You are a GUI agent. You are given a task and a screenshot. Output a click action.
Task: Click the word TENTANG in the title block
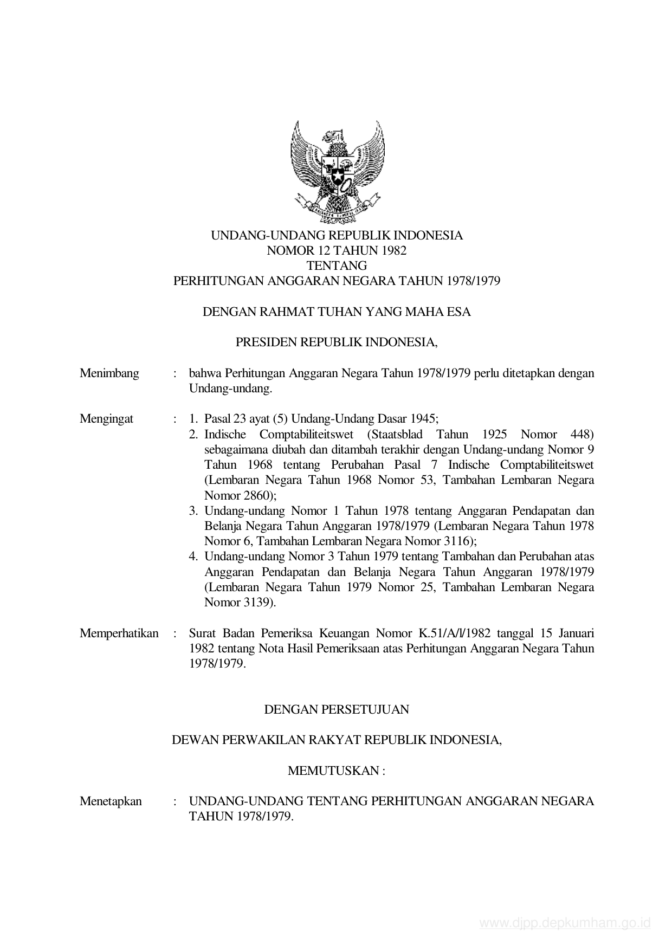tap(337, 266)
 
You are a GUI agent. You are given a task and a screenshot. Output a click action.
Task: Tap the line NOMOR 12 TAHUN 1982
tap(337, 250)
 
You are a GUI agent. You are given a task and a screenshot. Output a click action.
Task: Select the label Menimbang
tap(109, 373)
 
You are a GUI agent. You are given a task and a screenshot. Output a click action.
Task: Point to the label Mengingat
tap(106, 418)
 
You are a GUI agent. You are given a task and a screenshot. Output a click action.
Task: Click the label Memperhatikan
tap(119, 633)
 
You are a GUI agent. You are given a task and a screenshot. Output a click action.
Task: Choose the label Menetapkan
tap(111, 801)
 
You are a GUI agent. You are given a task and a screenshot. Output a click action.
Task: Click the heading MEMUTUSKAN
tap(336, 771)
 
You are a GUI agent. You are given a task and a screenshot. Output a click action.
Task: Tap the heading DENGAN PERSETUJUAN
tap(337, 709)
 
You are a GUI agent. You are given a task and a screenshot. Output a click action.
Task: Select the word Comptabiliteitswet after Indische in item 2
tap(306, 434)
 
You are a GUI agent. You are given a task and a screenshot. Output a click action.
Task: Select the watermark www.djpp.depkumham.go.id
tap(564, 923)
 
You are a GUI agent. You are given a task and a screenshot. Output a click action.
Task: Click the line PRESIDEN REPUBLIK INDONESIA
tap(337, 342)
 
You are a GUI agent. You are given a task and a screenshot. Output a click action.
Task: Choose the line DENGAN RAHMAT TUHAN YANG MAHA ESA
tap(337, 312)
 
